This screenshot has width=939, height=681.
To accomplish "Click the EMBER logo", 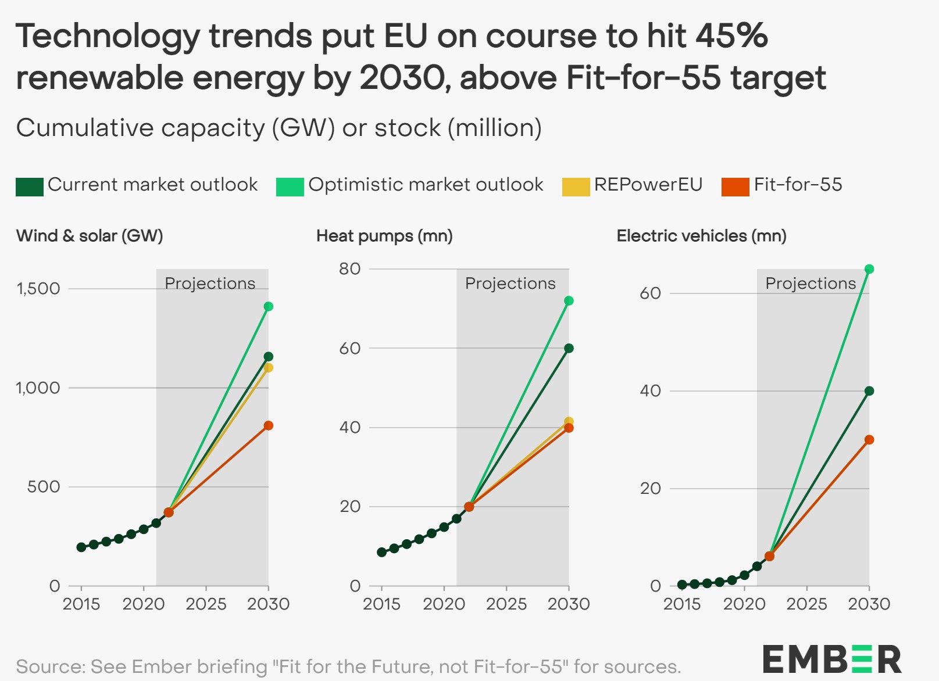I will [x=831, y=660].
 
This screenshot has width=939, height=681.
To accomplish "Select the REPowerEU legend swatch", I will [x=575, y=187].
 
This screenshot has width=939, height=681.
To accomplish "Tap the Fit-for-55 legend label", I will [x=798, y=185].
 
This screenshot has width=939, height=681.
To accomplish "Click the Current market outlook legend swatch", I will [x=29, y=187].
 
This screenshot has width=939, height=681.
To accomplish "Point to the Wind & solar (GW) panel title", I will [x=90, y=236].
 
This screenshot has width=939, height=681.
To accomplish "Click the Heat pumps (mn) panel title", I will [x=384, y=236].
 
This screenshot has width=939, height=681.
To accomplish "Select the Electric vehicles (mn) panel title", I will [x=701, y=236].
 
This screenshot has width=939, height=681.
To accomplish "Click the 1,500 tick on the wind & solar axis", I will [x=38, y=289].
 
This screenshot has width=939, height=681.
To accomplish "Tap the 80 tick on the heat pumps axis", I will [x=350, y=269].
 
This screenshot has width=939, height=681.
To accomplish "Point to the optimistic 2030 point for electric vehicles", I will [x=869, y=269].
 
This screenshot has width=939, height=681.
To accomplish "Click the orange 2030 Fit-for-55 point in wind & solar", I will [x=268, y=426].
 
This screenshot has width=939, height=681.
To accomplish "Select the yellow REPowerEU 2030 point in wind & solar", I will [x=268, y=368].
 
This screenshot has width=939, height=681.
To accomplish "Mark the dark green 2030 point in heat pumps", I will [x=569, y=349].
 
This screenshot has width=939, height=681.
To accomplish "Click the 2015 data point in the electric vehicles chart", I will [x=682, y=585].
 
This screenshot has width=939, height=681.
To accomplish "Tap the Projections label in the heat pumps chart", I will [x=510, y=284].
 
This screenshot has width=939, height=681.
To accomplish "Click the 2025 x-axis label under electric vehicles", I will [x=806, y=604].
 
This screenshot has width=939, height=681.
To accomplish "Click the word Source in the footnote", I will [x=50, y=666].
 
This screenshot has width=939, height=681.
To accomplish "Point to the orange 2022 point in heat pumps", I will [x=469, y=507].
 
